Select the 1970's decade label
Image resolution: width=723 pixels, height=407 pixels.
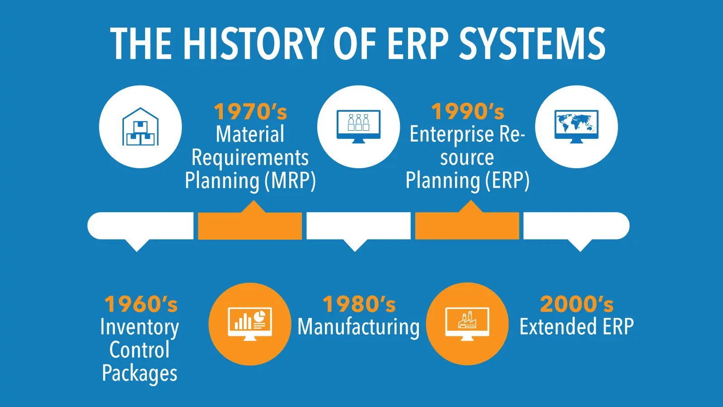point(250,111)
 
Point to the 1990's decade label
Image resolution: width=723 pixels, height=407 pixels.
point(468,111)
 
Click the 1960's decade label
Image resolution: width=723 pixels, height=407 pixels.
point(141,304)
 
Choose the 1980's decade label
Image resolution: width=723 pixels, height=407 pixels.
point(359,304)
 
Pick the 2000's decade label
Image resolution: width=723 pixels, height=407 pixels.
point(577,304)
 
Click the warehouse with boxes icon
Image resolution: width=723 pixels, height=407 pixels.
point(141,127)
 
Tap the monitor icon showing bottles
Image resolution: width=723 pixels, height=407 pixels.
point(359,127)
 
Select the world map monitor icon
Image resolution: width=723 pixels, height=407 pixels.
point(577,127)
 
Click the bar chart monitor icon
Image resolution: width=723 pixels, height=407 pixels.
point(250,324)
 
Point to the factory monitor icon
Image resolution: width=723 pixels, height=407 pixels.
point(467,324)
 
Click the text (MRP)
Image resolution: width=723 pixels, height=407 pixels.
point(290,180)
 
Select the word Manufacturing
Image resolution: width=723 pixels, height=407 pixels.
point(359,327)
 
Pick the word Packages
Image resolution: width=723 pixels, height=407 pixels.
point(140,374)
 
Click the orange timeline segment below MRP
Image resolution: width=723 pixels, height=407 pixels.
point(250,226)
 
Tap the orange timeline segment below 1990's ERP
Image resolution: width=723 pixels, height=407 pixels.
point(467,226)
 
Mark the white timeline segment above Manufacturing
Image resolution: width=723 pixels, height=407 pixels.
point(359,226)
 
